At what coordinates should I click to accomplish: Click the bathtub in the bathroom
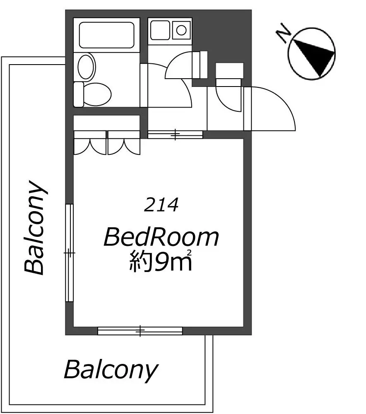[x=106, y=35]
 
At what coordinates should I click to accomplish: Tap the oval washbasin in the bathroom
[x=86, y=67]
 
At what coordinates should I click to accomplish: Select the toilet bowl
[x=97, y=94]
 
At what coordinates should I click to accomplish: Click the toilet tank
[x=78, y=94]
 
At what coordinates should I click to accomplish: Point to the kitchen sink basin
[x=160, y=30]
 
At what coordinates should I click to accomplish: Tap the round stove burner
[x=181, y=30]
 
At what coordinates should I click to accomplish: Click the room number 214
[x=161, y=205]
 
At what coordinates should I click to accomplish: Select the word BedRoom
[x=161, y=237]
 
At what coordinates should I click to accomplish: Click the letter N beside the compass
[x=284, y=33]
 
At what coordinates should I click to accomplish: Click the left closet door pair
[x=90, y=143]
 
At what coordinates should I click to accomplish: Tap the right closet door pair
[x=123, y=143]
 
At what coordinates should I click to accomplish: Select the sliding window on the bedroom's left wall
[x=69, y=253]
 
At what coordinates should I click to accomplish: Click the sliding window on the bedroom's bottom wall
[x=140, y=331]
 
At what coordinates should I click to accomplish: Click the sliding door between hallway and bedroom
[x=175, y=135]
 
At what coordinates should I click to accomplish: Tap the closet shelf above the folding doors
[x=106, y=123]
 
